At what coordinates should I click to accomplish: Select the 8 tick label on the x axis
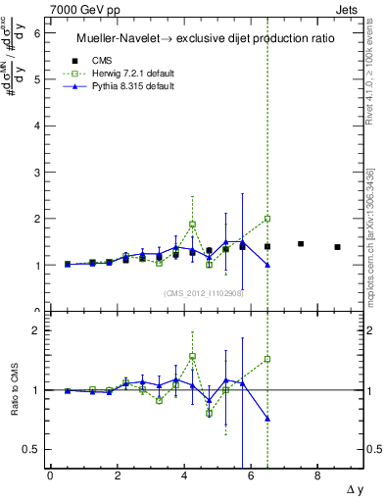coord(317,476)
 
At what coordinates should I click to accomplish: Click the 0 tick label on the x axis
coord(50,476)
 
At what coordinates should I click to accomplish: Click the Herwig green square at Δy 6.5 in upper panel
coord(267,219)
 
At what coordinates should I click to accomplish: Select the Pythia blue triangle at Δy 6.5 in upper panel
coord(267,265)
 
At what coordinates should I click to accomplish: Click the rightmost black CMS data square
coord(337,247)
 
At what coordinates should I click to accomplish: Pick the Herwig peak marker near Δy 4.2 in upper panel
coord(192,225)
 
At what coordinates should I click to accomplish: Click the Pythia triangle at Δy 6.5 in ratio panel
coord(267,419)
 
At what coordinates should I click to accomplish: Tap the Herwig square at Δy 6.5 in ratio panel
coord(267,359)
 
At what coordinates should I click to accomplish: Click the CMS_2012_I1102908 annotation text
coord(204,293)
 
